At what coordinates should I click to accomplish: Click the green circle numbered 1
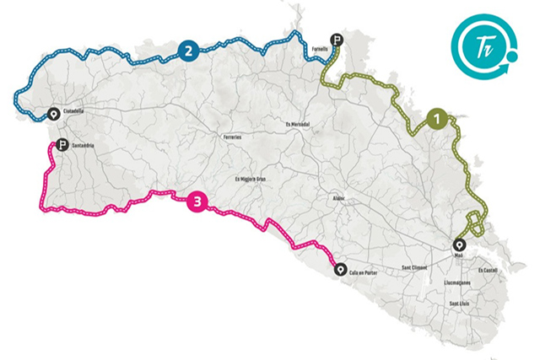pos(437,119)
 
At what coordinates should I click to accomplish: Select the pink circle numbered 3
pos(197,201)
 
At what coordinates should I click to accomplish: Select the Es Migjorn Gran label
pos(251,179)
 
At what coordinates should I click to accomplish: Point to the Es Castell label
pos(488,270)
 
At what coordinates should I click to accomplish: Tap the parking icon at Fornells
pos(337,39)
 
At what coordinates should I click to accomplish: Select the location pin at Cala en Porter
pos(340,270)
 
